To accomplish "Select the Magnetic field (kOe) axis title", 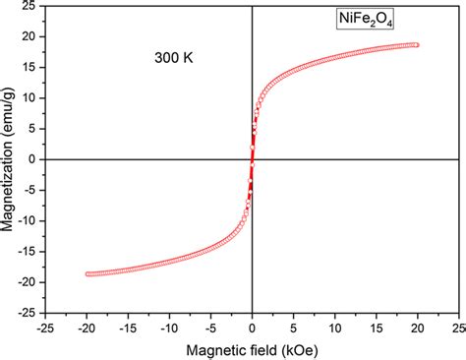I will click(253, 348).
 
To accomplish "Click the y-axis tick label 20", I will click(31, 36).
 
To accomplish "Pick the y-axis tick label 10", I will click(31, 97).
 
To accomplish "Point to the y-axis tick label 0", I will click(34, 159).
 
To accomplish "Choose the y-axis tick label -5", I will click(30, 190).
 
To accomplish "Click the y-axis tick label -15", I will click(29, 251).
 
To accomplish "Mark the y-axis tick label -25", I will click(29, 313).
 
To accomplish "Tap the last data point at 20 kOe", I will click(417, 44).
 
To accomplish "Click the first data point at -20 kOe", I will click(88, 273).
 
